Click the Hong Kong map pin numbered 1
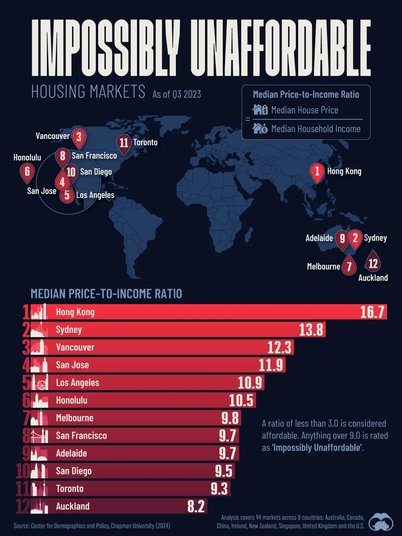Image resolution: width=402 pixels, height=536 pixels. pos(317,172)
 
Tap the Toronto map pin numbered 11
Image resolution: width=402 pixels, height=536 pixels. pos(124,143)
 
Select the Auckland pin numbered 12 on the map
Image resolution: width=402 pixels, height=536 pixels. pos(373,263)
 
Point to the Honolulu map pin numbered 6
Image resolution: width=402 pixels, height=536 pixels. pos(27,172)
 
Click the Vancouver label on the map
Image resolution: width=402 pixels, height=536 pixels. pos(53,136)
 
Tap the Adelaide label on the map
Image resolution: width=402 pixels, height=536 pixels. pos(319,238)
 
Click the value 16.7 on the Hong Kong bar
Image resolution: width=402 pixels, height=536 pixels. pos(372,312)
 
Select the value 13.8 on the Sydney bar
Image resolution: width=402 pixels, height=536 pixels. pos(311,330)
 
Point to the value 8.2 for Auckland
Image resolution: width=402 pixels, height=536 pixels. pos(196,507)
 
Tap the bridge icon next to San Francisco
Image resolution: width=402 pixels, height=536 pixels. pos(39,436)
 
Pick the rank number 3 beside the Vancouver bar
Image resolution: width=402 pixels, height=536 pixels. pos(26,347)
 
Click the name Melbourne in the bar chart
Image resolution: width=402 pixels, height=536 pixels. pos(75,418)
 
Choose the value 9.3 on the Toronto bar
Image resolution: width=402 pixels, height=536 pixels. pos(219,489)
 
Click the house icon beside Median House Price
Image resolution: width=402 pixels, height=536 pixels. pos(260,110)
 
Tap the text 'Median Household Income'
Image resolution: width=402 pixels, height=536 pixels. pos(316,129)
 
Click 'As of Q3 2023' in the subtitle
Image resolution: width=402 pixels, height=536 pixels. pos(177,94)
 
